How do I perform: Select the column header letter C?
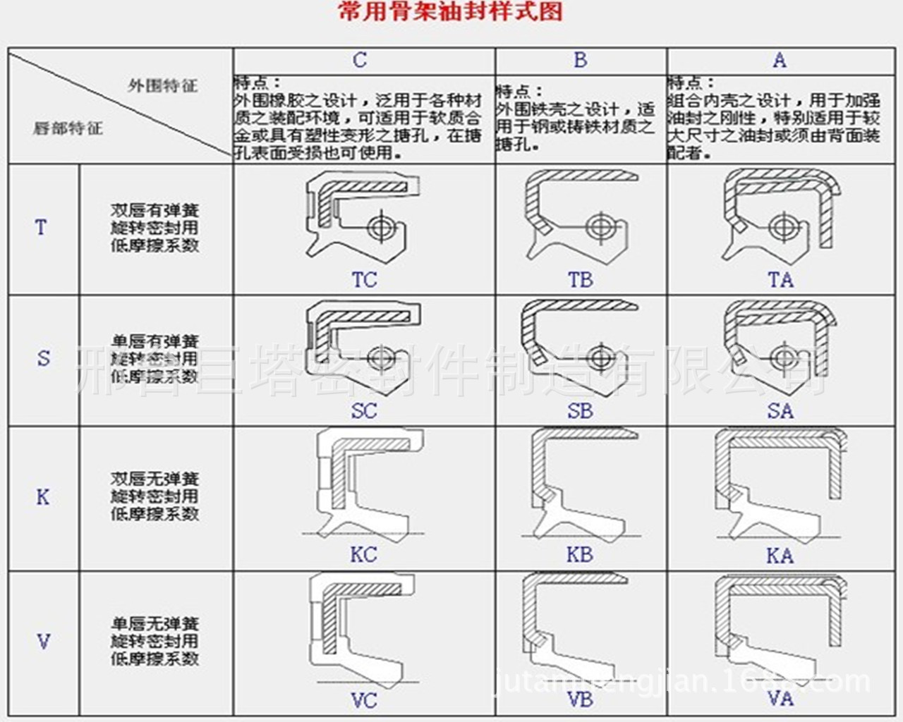tap(360, 60)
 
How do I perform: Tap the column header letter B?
tap(581, 60)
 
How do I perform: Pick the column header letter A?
tap(780, 60)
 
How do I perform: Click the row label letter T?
tap(41, 228)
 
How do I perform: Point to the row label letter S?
tap(43, 358)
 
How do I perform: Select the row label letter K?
tap(43, 497)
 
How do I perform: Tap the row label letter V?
tap(43, 642)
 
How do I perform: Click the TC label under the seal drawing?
tap(364, 280)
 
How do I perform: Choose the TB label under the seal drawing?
tap(581, 280)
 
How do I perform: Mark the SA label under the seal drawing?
tap(780, 411)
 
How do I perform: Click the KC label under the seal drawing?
tap(363, 555)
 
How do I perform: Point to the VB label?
tap(580, 699)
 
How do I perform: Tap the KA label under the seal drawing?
tap(780, 556)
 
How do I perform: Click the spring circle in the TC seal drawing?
tap(382, 227)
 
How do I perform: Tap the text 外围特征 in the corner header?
tap(163, 86)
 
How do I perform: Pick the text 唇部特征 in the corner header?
tap(68, 128)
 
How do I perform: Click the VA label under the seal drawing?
tap(780, 699)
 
